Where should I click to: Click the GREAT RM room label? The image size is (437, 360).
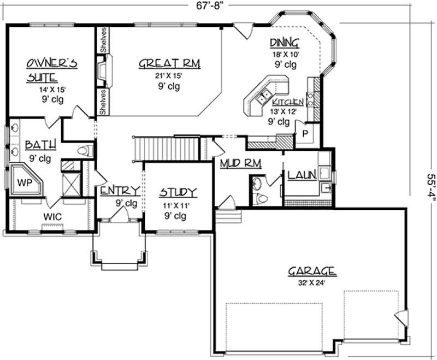[169, 63]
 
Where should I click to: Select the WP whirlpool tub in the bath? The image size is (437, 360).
[26, 180]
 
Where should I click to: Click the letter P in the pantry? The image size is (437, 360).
[305, 133]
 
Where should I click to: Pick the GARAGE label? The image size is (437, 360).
[312, 271]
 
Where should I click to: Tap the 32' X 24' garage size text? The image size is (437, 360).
[311, 283]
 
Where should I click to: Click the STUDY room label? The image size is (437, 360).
[178, 192]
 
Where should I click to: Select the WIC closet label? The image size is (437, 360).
[52, 216]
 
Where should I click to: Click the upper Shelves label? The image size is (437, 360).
[103, 39]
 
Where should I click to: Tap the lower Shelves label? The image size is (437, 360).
[103, 102]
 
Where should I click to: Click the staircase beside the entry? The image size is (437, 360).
[167, 149]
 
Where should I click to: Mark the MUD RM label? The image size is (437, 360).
[241, 163]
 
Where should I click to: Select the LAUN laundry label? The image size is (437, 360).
[302, 175]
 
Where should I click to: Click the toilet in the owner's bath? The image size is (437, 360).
[86, 151]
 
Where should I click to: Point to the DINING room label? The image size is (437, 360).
[285, 43]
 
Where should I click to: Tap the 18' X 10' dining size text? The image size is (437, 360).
[285, 54]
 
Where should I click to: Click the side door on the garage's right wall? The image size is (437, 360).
[400, 317]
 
